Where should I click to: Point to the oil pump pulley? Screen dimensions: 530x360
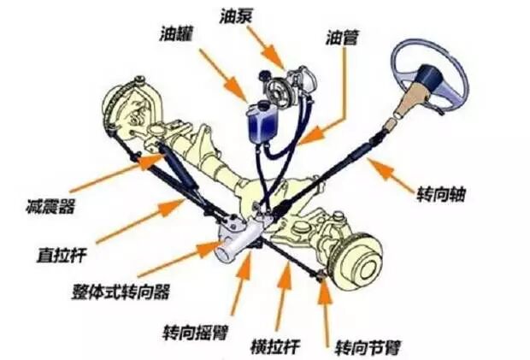(x=277, y=87)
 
